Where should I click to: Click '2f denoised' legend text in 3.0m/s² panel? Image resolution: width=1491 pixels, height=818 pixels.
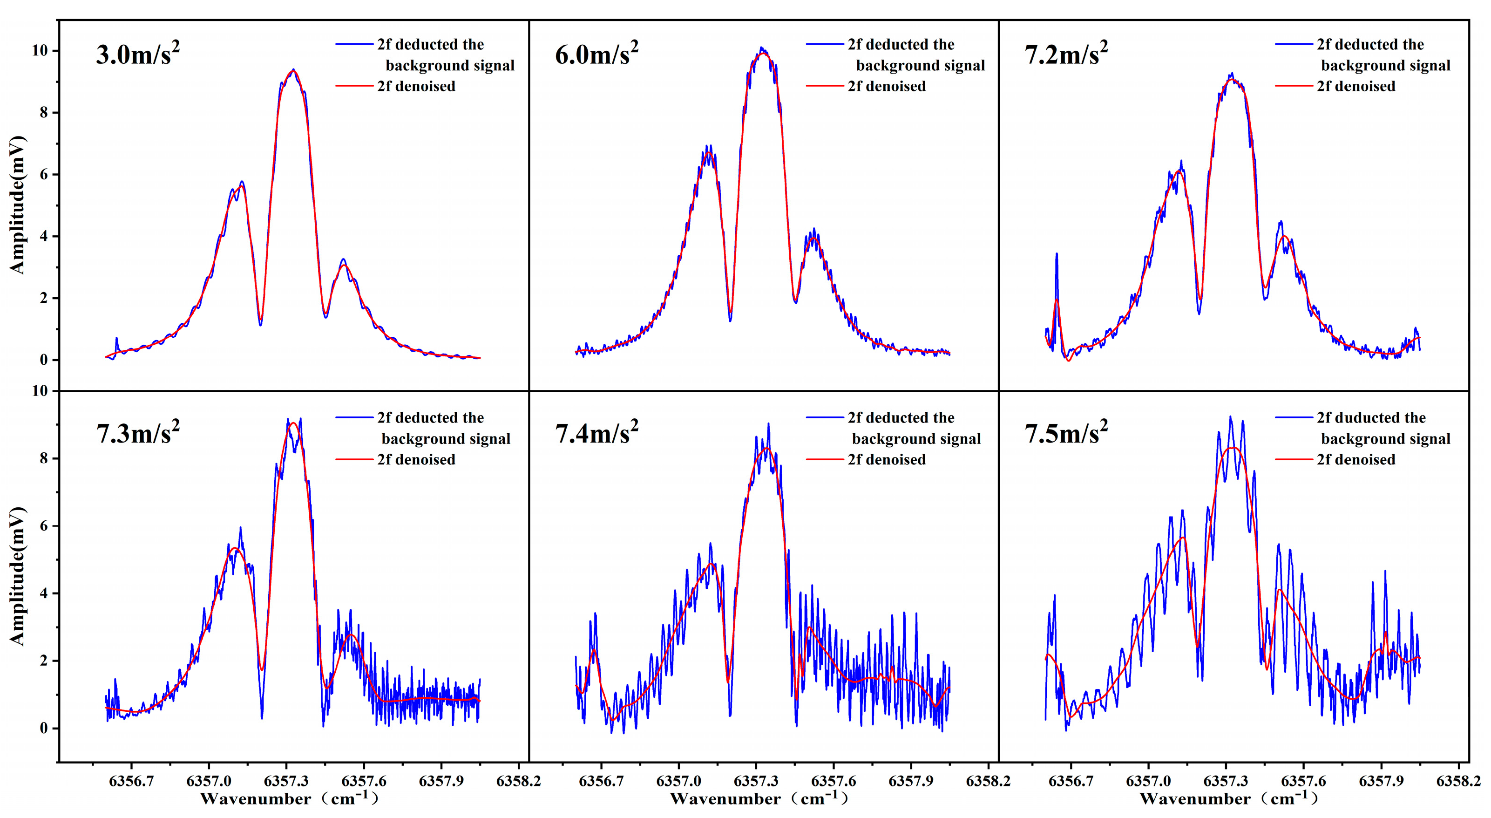tap(416, 86)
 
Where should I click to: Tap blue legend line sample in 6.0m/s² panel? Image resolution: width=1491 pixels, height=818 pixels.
tap(825, 44)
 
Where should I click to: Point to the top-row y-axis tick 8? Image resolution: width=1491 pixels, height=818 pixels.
tap(43, 113)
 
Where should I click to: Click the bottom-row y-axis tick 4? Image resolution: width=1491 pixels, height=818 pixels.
tap(43, 594)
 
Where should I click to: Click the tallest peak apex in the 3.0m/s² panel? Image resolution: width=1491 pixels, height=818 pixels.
tap(293, 69)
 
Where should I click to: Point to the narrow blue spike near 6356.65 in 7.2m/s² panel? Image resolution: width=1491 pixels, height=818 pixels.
tap(1056, 254)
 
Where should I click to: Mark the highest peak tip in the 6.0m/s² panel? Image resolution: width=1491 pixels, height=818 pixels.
tap(761, 48)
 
